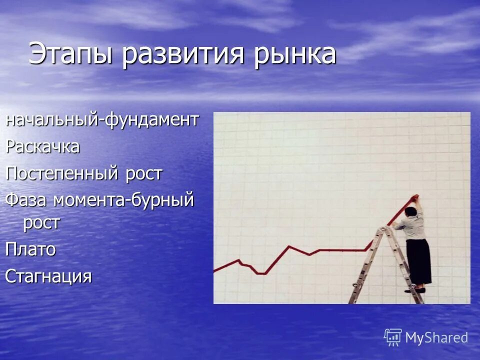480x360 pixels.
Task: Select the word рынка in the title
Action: click(x=295, y=54)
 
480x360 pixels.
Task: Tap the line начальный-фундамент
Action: click(x=102, y=120)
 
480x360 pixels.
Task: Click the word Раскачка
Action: click(x=42, y=147)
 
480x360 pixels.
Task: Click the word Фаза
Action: click(x=26, y=200)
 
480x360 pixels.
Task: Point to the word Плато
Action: click(x=30, y=249)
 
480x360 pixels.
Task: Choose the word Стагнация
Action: click(x=48, y=276)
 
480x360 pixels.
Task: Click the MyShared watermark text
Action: click(x=436, y=337)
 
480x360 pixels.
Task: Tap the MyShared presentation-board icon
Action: click(x=393, y=337)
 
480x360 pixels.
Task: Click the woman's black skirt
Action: click(x=418, y=260)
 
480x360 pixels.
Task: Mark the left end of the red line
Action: click(x=215, y=271)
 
